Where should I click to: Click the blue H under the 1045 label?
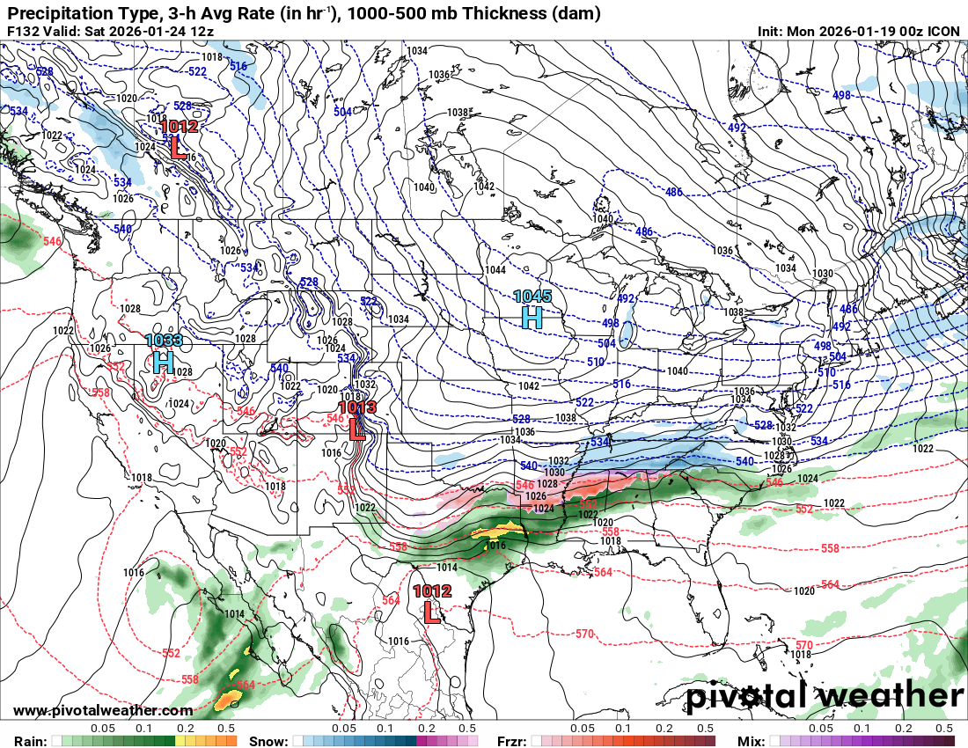532,318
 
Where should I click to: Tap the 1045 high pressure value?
532,297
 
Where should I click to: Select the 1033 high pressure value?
164,341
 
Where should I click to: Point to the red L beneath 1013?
357,429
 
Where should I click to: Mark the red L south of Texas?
432,612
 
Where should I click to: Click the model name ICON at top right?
944,32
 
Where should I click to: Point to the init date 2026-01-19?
853,32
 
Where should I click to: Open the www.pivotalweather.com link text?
103,710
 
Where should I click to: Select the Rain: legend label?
24,740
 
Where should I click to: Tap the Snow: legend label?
268,740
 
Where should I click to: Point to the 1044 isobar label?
495,269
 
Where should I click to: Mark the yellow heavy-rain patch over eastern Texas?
498,532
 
